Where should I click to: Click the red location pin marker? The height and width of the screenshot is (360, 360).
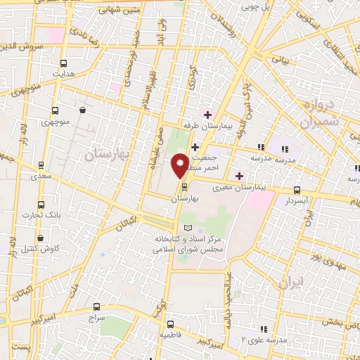(181, 167)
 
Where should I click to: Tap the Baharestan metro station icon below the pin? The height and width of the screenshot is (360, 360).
(185, 188)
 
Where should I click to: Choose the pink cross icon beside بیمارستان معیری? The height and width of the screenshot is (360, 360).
(239, 176)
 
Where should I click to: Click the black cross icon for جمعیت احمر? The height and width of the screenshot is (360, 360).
(195, 148)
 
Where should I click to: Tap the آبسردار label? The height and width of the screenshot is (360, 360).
(297, 200)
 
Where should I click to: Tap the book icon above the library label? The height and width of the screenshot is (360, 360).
(186, 228)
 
